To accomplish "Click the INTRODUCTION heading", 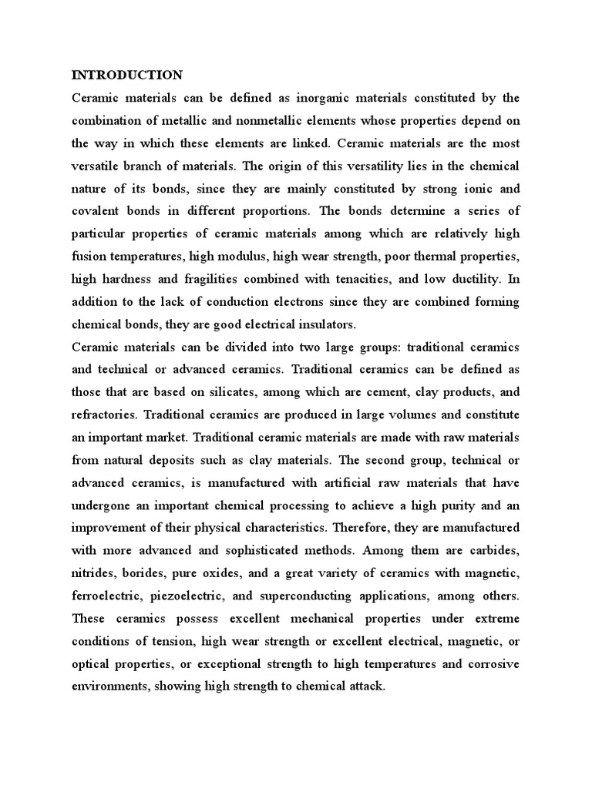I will click(127, 75).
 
